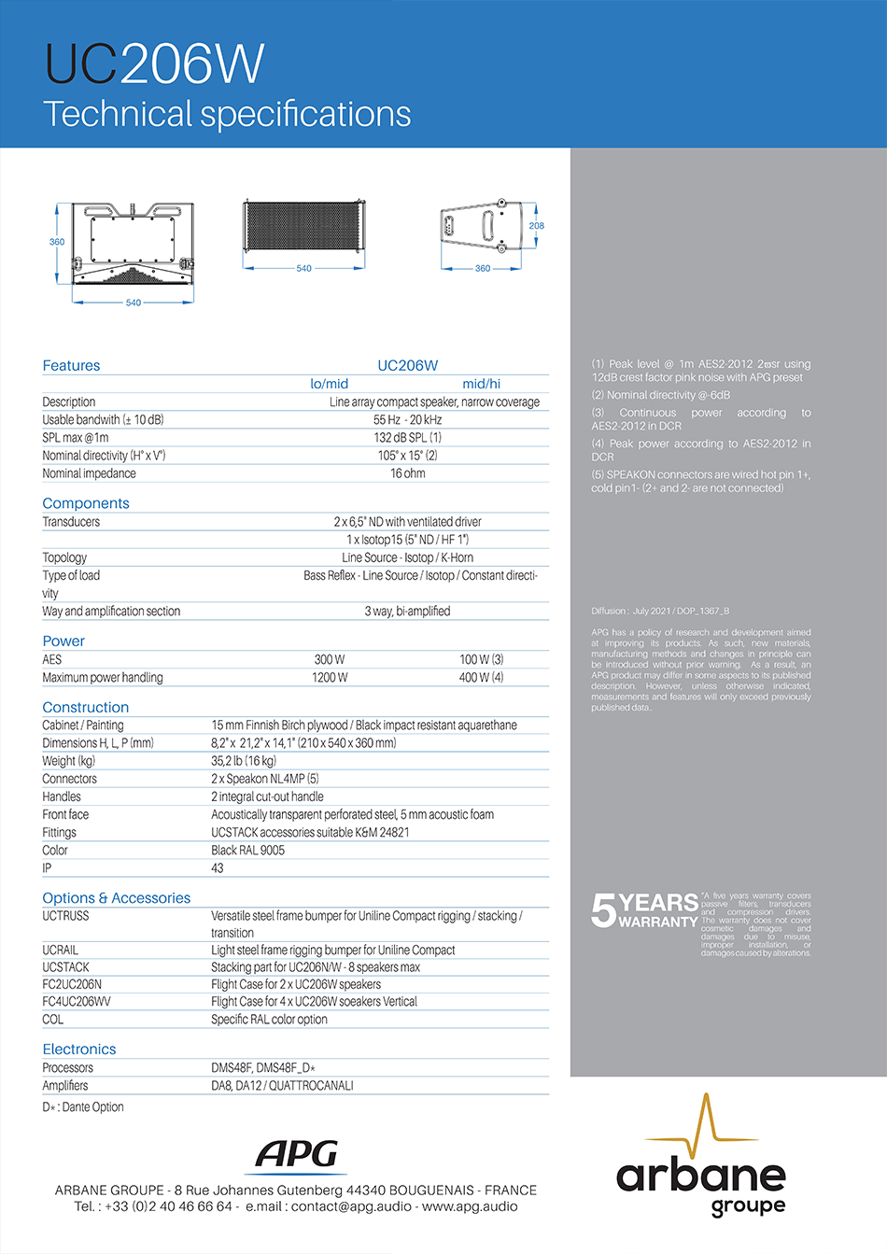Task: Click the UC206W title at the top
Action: point(155,64)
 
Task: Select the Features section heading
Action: point(71,366)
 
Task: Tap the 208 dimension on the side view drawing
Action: point(536,226)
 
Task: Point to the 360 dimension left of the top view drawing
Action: point(57,242)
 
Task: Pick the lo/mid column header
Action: point(329,384)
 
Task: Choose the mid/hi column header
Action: point(481,384)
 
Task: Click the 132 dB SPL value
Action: point(407,438)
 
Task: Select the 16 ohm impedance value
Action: point(407,473)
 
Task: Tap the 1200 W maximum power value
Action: point(330,678)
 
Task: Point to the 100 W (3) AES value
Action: point(481,660)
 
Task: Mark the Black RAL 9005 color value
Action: point(247,851)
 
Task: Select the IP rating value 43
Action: point(218,868)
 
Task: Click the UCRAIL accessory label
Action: point(60,951)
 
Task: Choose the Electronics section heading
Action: point(79,1050)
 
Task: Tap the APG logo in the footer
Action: point(298,1155)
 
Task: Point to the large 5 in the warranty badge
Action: point(603,910)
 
